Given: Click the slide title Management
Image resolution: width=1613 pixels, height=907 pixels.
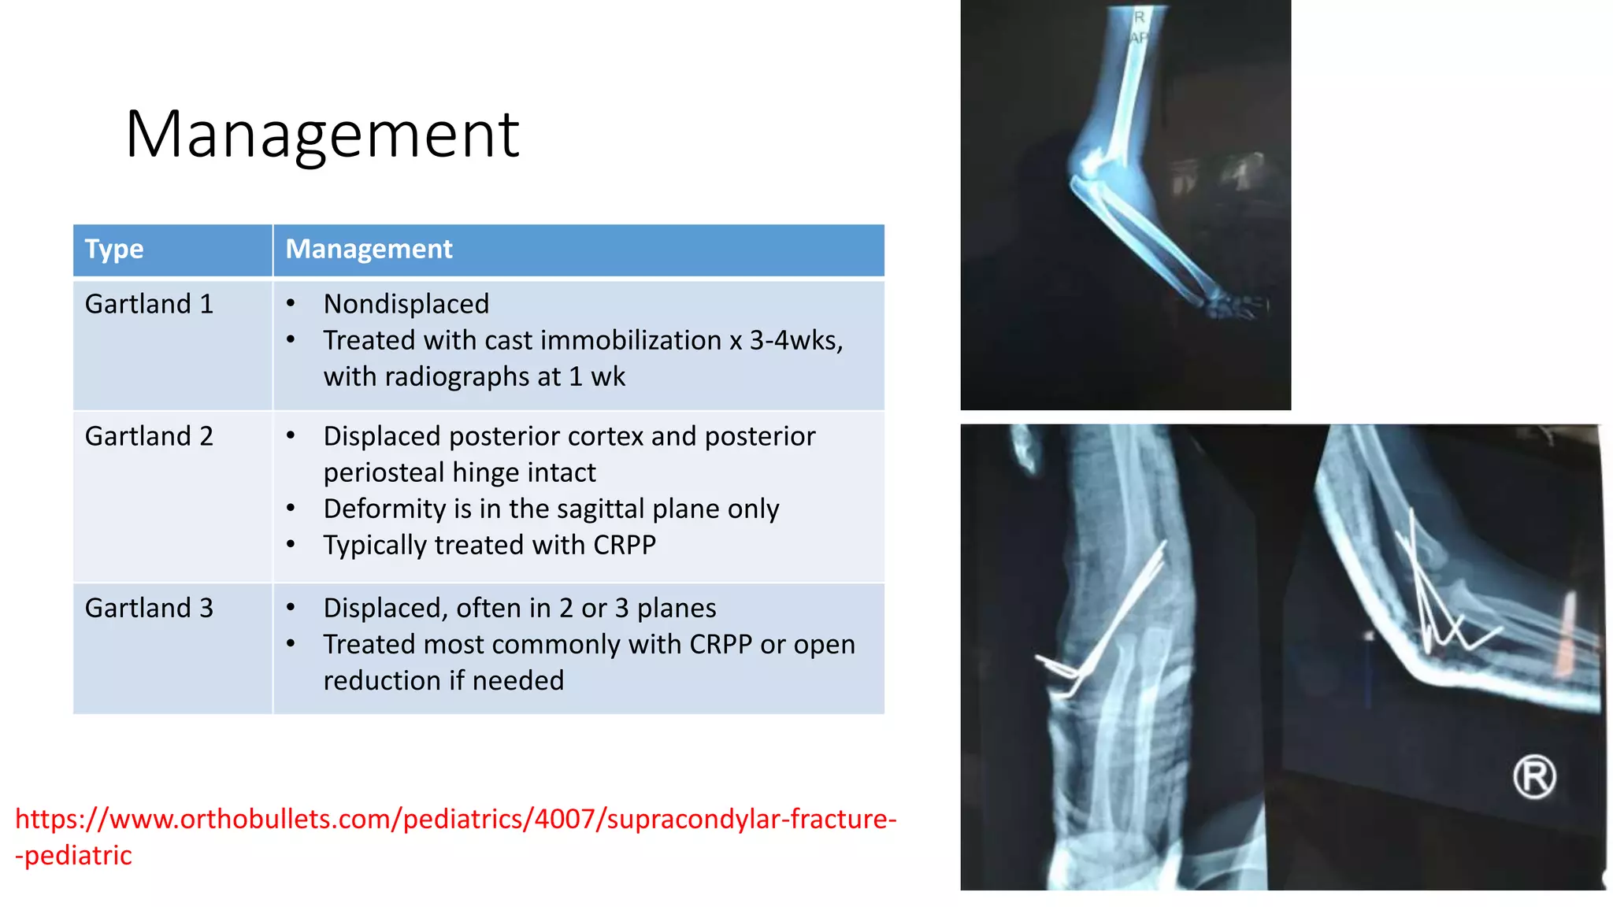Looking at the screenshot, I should (x=321, y=135).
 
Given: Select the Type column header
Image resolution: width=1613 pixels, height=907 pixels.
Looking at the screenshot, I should (x=114, y=249).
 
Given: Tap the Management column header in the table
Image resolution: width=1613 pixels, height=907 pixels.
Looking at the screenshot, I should (x=369, y=249).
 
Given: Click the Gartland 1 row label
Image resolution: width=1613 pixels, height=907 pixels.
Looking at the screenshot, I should (x=149, y=304).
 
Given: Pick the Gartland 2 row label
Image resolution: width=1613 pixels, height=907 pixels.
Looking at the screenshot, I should (x=149, y=436).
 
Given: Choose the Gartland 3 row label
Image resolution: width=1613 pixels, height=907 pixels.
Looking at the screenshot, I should (x=149, y=608).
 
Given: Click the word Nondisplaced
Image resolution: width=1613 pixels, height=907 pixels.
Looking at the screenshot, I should (x=406, y=304).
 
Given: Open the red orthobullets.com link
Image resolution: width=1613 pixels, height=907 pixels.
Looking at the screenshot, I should (x=455, y=820).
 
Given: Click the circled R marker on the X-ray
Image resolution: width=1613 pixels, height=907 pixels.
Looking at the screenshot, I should (x=1533, y=777).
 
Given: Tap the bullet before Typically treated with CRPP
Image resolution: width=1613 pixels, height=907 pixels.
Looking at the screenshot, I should (x=291, y=545).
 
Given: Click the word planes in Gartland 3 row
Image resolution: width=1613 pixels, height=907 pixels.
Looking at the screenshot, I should (x=676, y=608).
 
